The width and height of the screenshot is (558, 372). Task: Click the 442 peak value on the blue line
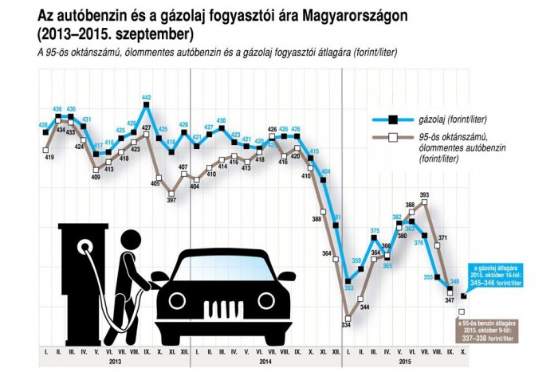click(x=147, y=98)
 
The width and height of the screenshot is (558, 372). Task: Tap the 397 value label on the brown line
click(x=171, y=199)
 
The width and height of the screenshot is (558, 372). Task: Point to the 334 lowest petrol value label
click(x=346, y=325)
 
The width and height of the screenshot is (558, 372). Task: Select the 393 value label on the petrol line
click(x=425, y=194)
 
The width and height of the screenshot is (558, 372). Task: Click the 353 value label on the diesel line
click(x=348, y=279)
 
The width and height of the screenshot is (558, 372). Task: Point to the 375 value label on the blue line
click(x=375, y=231)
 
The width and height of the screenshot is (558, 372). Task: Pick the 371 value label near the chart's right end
click(x=443, y=238)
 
